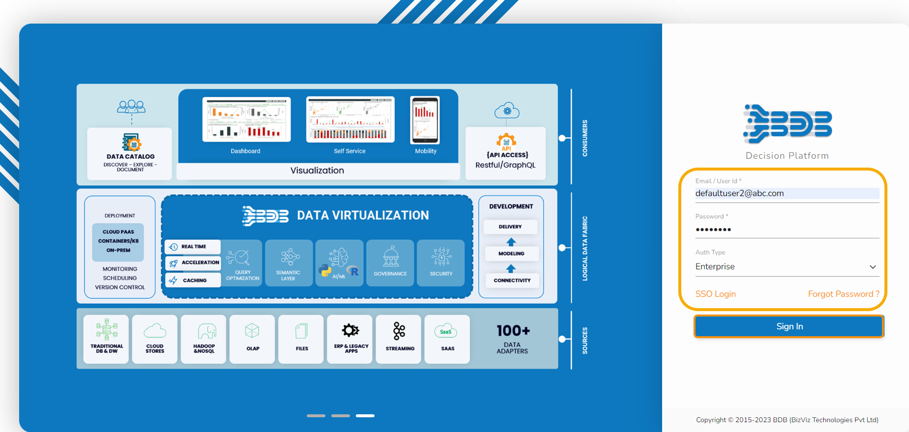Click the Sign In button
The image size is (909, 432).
789,326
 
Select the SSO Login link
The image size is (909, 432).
715,294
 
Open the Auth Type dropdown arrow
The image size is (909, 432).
873,267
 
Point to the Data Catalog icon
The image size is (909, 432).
131,142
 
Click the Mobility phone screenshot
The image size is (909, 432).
425,120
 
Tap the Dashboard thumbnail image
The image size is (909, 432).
246,119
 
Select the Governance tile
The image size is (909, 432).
391,263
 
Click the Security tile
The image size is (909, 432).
441,263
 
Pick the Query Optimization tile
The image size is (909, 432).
242,263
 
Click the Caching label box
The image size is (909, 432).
193,280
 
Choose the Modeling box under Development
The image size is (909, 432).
511,254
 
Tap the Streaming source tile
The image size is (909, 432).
399,339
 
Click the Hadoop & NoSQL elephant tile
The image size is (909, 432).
204,339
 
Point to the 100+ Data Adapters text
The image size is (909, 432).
512,339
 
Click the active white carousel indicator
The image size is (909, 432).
365,416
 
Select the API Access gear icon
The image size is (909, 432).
506,141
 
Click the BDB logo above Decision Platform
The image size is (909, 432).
787,123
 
